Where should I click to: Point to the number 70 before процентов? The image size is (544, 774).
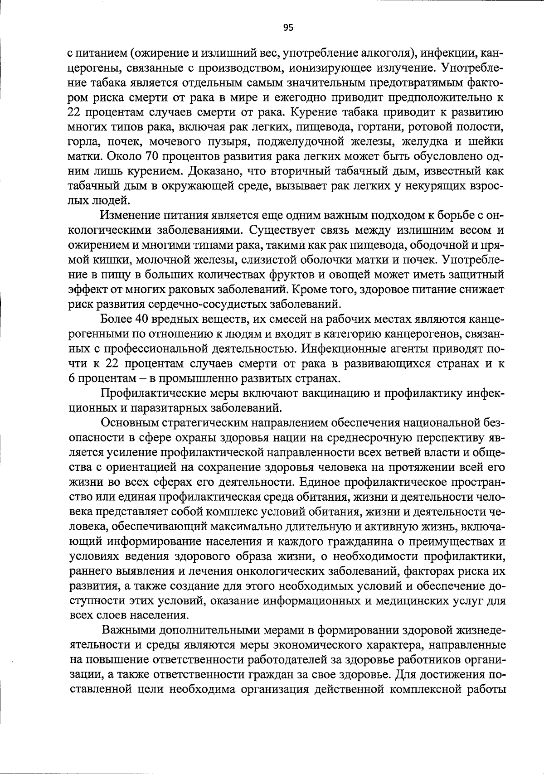coord(152,156)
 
